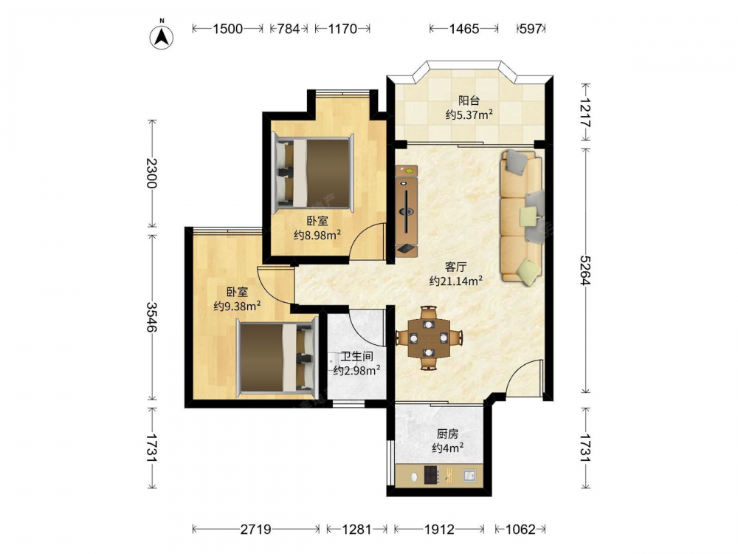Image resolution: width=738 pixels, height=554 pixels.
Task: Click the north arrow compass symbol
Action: click(x=162, y=36)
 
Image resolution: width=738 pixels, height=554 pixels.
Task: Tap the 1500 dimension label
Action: click(x=228, y=30)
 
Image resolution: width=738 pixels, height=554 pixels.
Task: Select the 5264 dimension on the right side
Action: click(x=586, y=270)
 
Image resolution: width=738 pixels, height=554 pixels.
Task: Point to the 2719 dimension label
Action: click(x=256, y=530)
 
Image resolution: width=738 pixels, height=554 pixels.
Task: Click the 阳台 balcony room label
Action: click(x=469, y=100)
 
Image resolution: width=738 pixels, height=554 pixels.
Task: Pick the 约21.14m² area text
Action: click(x=455, y=281)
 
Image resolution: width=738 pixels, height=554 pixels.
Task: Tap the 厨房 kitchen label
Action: click(x=448, y=434)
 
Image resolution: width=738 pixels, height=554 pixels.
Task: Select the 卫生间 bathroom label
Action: click(x=357, y=357)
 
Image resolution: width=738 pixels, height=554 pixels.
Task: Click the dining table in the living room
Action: click(x=428, y=338)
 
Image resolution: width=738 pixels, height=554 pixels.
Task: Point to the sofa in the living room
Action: click(x=523, y=216)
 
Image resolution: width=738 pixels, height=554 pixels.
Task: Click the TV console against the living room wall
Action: click(x=407, y=211)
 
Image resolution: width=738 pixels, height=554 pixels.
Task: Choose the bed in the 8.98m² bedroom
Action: click(x=313, y=173)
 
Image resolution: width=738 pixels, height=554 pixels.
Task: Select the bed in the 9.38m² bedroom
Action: click(x=277, y=356)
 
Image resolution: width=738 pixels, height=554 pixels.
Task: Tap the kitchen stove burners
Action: click(x=432, y=474)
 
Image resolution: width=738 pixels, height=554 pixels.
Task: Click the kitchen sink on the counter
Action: click(x=469, y=475)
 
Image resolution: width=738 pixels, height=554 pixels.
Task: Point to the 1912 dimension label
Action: click(x=440, y=530)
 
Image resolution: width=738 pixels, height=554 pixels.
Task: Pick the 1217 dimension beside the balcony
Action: click(x=586, y=113)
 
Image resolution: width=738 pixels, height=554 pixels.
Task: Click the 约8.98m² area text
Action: click(x=317, y=235)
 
